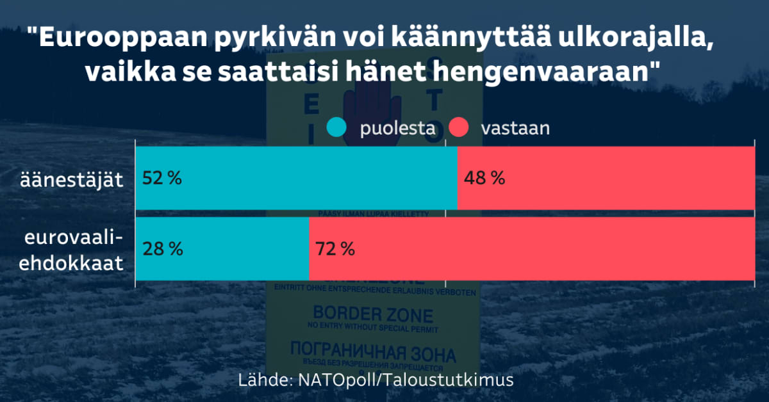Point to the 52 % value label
tap(162, 178)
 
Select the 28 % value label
tap(162, 249)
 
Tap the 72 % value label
tap(335, 249)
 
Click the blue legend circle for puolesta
tap(336, 129)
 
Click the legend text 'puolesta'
tap(397, 129)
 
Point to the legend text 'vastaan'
tap(515, 129)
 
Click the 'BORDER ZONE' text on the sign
tap(373, 315)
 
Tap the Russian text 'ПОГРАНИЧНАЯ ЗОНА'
tap(373, 354)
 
